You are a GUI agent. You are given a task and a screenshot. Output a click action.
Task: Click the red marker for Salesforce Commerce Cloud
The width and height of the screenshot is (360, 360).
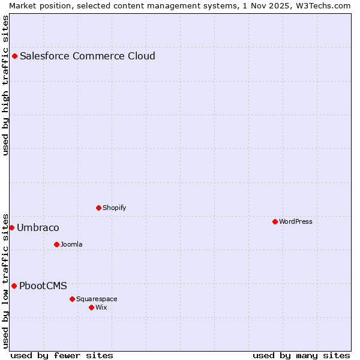(15, 56)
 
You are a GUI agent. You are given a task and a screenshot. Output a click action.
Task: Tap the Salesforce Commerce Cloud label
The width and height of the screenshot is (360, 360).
(88, 56)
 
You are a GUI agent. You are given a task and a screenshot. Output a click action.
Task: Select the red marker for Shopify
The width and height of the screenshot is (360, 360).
(99, 208)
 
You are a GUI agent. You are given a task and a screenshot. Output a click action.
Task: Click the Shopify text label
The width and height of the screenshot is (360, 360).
(114, 208)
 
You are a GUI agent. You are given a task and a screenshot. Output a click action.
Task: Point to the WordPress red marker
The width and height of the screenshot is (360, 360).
(275, 222)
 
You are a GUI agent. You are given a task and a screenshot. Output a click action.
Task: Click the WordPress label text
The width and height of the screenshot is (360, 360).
(296, 222)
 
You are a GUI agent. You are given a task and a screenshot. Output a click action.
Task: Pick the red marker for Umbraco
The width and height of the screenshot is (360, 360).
(11, 228)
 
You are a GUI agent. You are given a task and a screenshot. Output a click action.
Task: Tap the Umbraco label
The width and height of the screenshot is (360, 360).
(38, 228)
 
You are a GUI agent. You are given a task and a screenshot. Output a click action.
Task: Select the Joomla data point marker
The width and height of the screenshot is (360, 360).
(57, 245)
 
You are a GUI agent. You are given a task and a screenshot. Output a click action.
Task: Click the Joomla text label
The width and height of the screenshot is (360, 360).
(71, 245)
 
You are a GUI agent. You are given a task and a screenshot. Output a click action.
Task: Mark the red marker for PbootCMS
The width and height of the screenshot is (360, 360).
(14, 286)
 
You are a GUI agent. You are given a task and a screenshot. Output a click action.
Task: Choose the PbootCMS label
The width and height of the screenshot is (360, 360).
(43, 286)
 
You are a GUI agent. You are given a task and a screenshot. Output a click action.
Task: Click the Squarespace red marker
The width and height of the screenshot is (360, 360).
(73, 299)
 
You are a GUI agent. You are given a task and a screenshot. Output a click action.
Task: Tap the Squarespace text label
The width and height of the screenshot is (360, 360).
(97, 299)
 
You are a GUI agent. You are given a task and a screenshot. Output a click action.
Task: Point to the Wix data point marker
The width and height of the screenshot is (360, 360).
(92, 308)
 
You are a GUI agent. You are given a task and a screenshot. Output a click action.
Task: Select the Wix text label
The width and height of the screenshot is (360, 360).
(101, 308)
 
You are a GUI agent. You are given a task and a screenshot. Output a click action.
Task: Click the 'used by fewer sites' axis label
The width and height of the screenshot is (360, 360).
(62, 356)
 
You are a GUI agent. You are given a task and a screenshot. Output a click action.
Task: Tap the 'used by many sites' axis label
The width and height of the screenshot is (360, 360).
(301, 356)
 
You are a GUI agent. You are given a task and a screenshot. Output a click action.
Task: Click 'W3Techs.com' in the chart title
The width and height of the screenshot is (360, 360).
(322, 5)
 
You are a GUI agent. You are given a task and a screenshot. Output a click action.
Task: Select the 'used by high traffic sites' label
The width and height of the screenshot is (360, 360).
(6, 85)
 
